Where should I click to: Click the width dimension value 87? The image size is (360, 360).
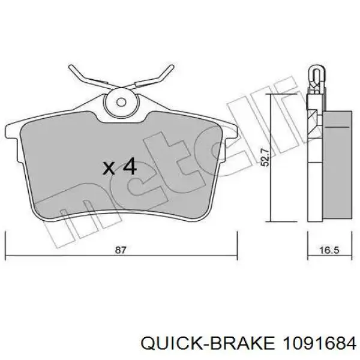[121, 250]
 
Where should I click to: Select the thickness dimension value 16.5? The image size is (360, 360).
[329, 250]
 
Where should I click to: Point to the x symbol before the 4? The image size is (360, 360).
[109, 167]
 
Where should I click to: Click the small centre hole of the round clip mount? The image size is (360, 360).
[121, 102]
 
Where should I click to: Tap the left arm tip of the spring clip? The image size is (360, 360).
[71, 67]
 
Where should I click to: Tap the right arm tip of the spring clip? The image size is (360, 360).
[172, 67]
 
